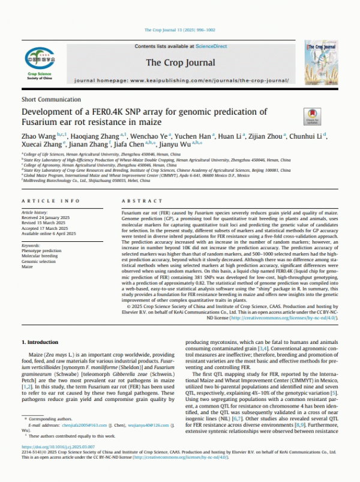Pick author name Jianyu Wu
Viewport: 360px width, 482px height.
(x=186, y=146)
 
